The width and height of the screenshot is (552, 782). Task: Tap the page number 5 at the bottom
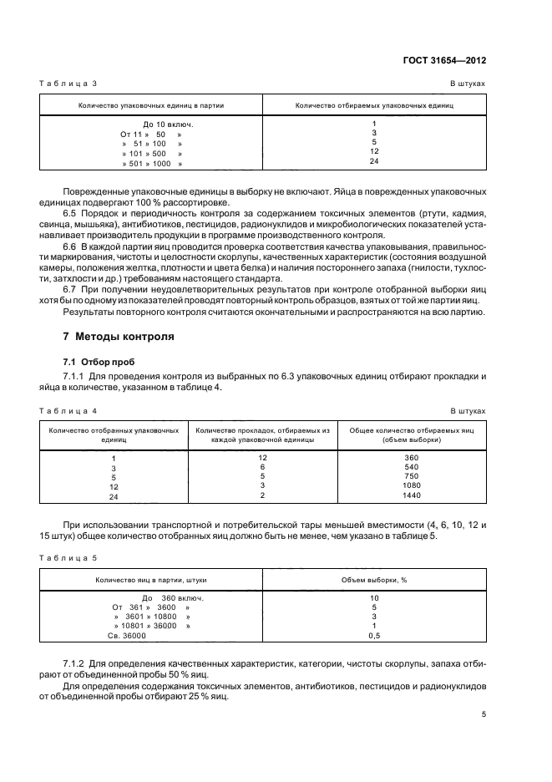click(484, 714)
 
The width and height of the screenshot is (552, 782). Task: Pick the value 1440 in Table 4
click(412, 495)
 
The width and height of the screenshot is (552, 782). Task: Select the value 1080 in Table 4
click(412, 485)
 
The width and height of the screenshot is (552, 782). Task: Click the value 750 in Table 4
click(412, 476)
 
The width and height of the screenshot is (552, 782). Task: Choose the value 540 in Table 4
click(412, 467)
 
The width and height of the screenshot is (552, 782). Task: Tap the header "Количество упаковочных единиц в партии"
click(151, 106)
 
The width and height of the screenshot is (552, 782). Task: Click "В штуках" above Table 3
click(468, 84)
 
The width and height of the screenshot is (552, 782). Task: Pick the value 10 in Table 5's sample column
click(374, 598)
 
